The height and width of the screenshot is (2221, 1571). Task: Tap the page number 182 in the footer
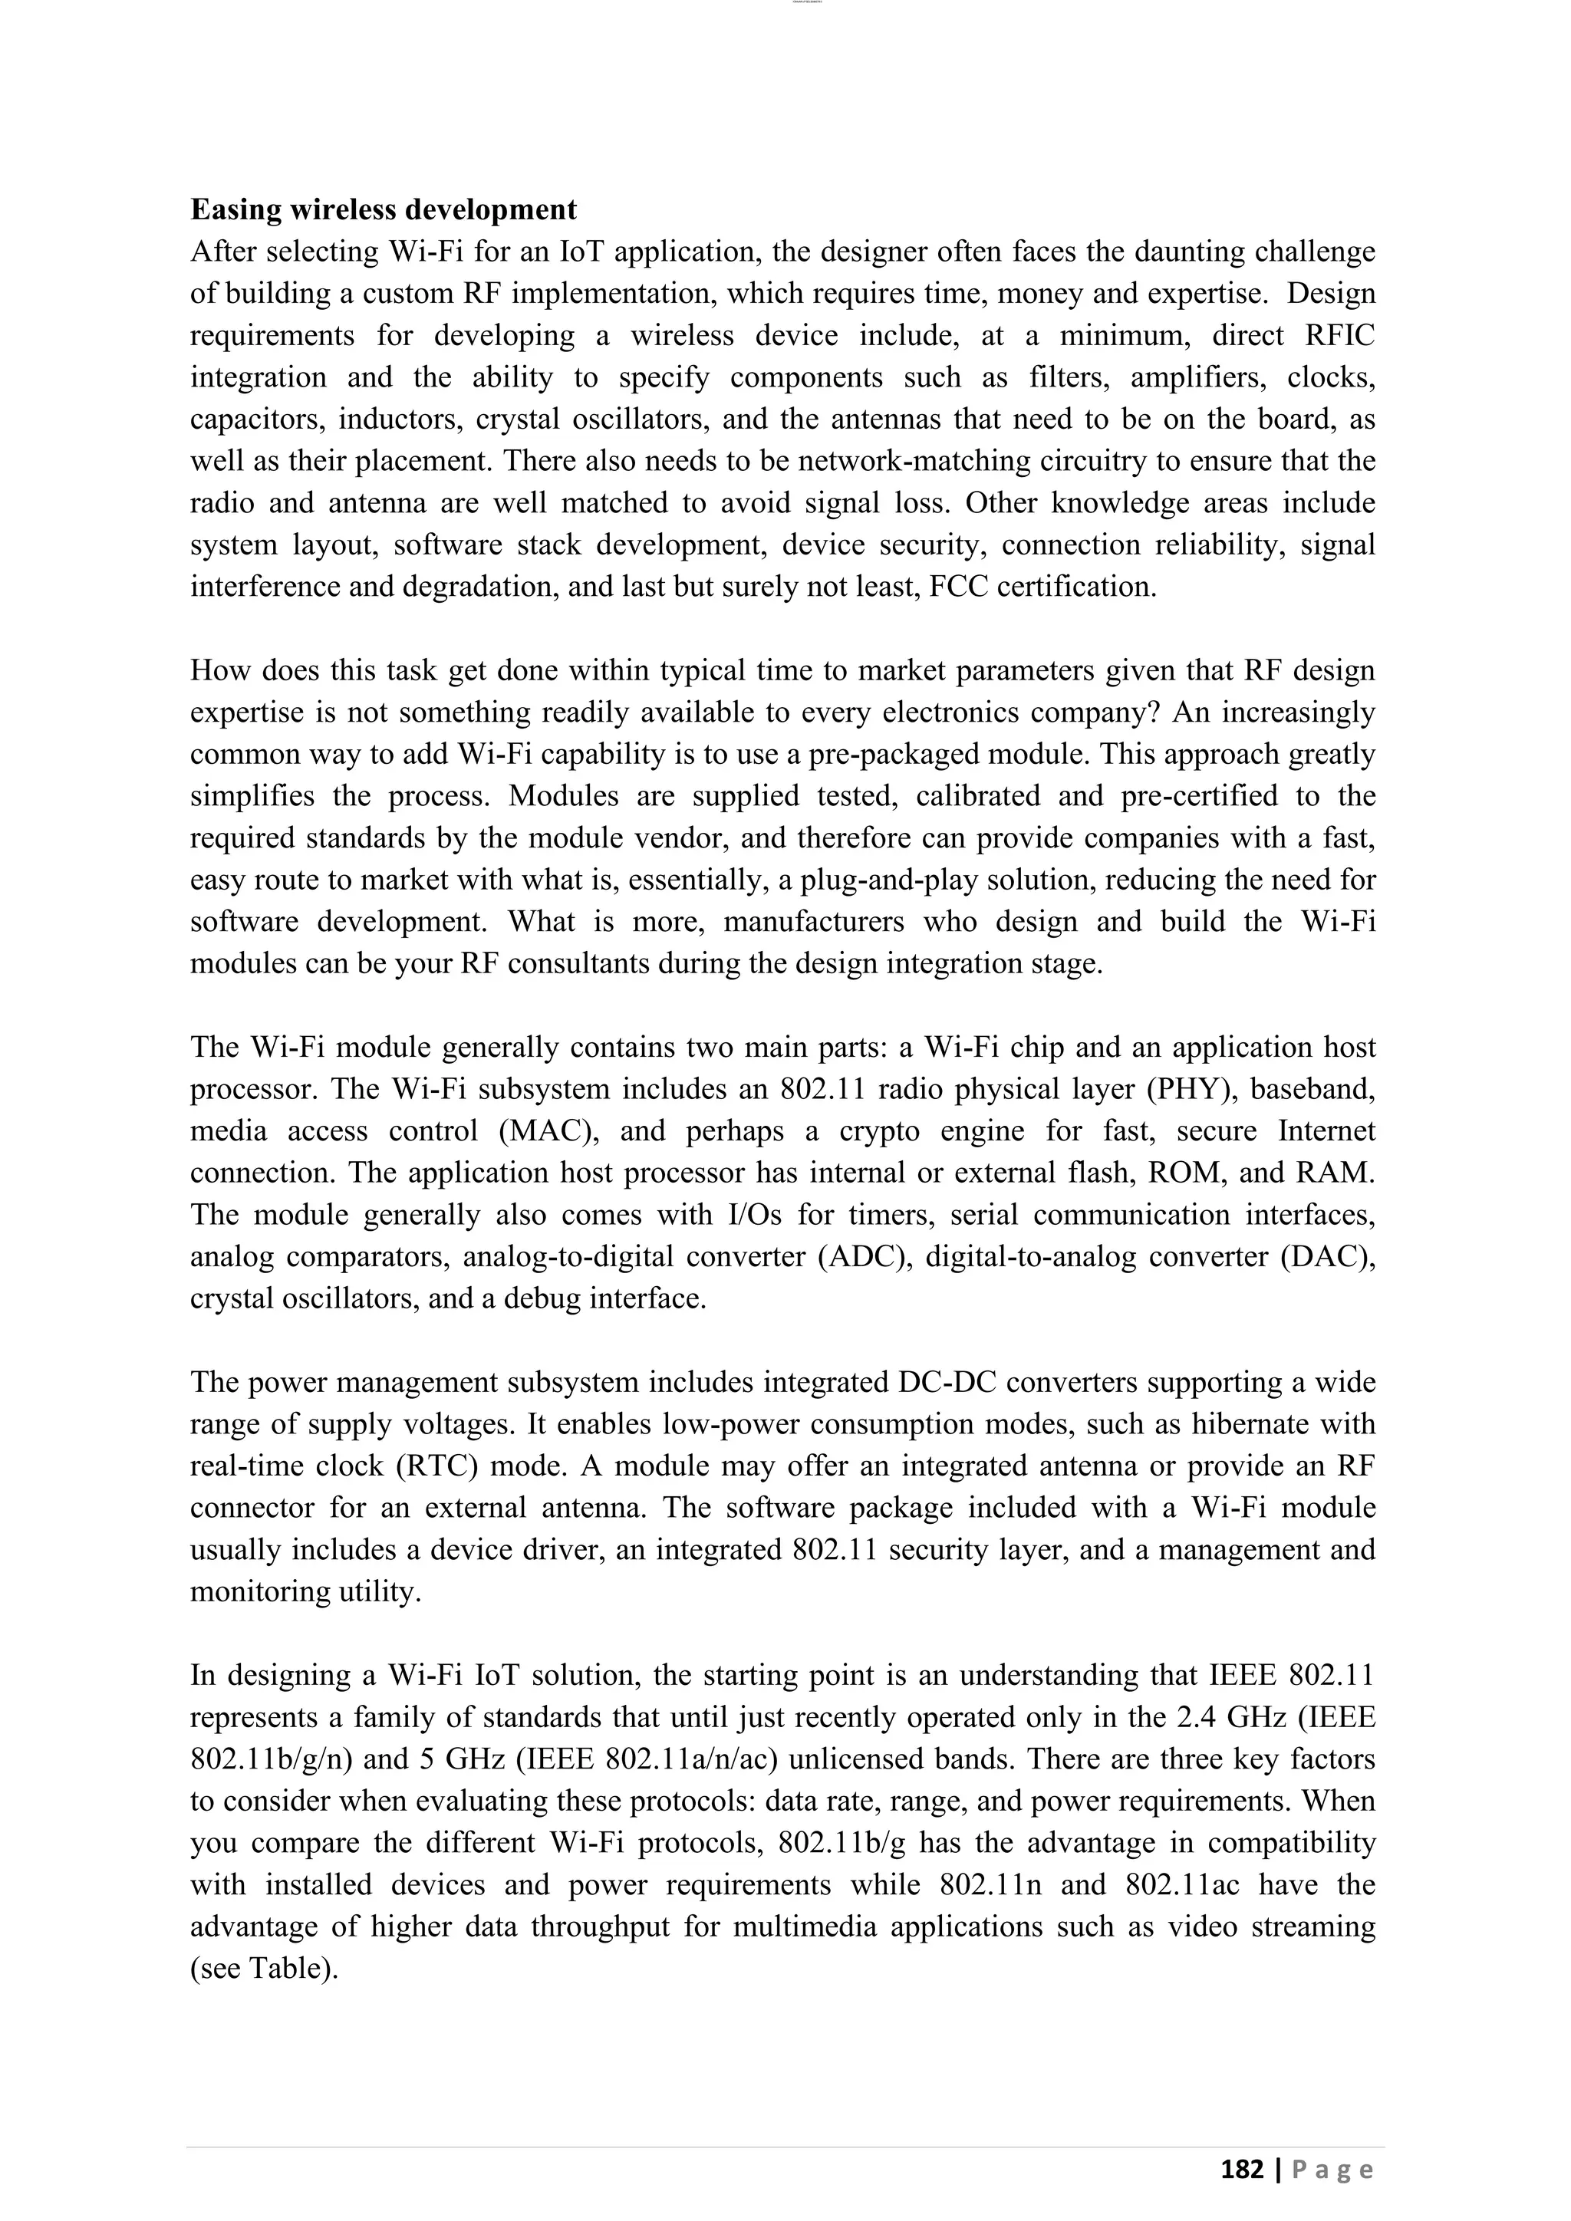(x=1241, y=2170)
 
